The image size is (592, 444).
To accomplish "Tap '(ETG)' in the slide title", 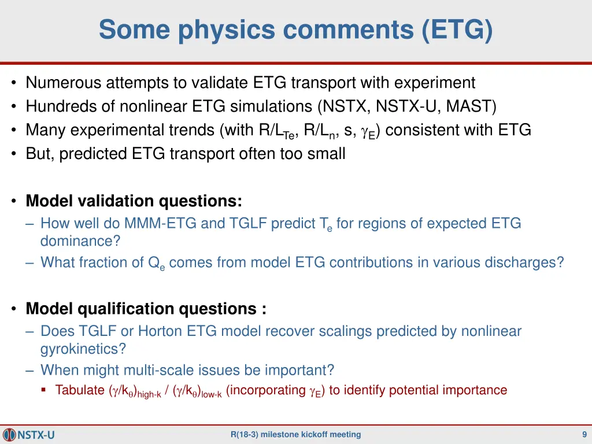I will click(457, 29).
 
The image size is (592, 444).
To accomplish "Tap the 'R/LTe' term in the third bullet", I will click(278, 131).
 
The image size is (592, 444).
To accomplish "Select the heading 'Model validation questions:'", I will click(134, 201).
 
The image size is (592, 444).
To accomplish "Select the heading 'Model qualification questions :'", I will click(146, 309).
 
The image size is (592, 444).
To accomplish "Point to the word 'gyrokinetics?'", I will click(83, 349).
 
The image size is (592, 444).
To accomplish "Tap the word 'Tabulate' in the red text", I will click(80, 390).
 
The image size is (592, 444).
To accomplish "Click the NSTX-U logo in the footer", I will click(29, 435).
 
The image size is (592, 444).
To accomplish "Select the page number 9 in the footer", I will click(584, 435).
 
